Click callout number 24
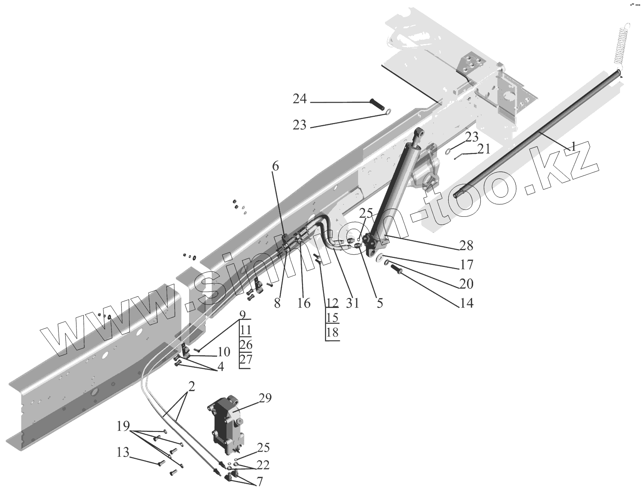300,99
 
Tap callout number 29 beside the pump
265,399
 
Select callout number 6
275,166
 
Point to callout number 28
466,245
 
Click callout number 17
467,265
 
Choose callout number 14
467,303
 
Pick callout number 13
123,452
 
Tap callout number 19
123,426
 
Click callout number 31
353,303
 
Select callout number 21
484,149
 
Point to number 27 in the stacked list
246,359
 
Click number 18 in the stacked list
332,332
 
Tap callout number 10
223,352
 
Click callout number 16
304,303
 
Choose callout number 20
467,283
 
